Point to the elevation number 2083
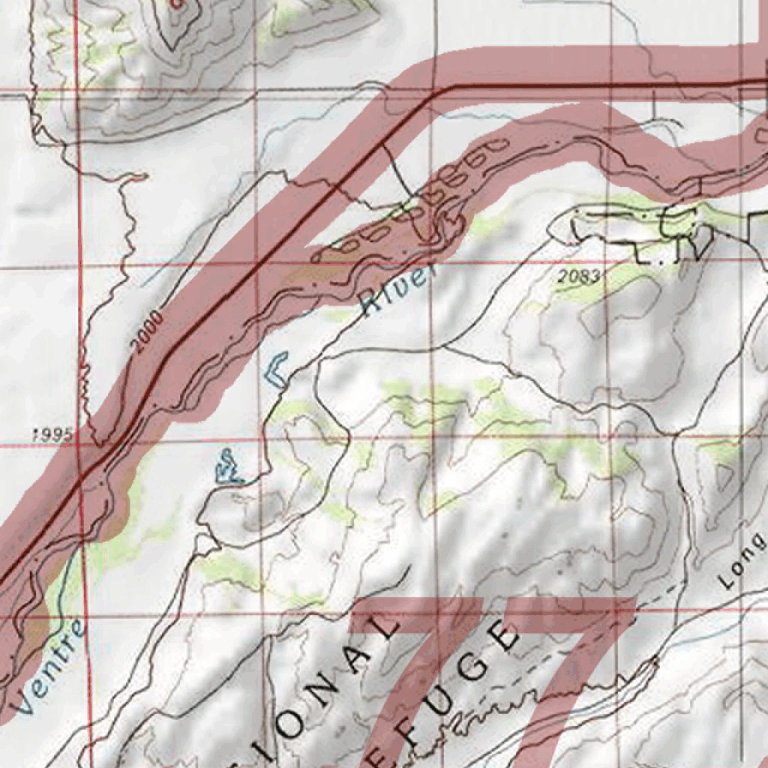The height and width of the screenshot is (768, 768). tap(579, 277)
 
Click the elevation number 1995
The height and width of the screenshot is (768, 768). tap(52, 435)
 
